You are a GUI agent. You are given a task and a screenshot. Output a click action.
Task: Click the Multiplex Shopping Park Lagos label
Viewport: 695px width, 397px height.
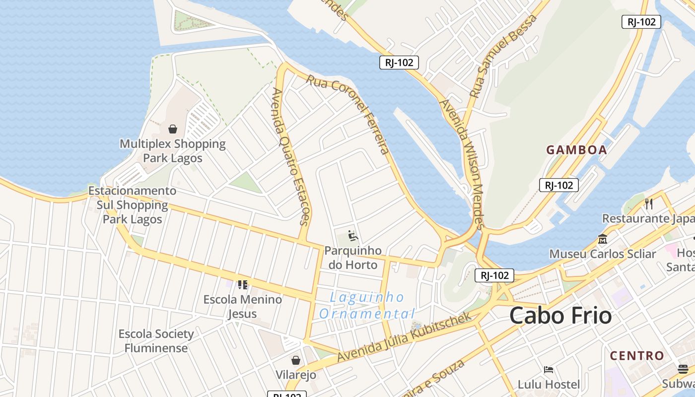172,151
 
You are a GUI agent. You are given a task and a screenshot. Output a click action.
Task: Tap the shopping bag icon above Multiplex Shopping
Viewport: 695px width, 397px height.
173,129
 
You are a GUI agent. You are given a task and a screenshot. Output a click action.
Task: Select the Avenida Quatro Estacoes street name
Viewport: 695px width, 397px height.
291,156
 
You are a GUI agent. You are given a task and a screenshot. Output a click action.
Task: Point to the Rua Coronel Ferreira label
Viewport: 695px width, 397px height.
347,114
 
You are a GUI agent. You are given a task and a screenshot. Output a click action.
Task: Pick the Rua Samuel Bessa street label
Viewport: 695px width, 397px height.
503,56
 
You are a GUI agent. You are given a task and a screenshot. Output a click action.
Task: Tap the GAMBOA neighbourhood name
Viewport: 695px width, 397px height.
576,150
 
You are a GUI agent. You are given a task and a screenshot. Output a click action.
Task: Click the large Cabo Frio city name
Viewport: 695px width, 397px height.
560,316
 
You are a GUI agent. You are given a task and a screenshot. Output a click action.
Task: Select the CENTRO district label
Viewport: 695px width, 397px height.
637,356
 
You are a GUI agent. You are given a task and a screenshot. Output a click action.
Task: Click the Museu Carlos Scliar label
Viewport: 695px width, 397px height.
602,254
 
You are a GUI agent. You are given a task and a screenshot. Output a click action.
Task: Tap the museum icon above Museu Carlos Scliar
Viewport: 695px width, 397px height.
603,239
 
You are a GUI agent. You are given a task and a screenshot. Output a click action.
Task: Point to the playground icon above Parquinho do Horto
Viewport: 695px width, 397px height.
353,235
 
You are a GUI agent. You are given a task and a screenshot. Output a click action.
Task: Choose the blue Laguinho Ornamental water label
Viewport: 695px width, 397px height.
367,305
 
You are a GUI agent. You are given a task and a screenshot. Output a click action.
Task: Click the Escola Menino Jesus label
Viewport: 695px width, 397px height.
243,306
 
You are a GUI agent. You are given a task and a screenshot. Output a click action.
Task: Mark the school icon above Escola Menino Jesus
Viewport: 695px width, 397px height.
243,284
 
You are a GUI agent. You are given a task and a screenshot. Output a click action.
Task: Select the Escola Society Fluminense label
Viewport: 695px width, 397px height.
156,340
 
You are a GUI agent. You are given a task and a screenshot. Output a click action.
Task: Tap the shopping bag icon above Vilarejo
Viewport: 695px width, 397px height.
296,360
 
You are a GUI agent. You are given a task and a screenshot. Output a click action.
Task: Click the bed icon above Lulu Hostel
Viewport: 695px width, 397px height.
549,369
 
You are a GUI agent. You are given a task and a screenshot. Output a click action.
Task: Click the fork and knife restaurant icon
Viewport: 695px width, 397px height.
648,203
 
